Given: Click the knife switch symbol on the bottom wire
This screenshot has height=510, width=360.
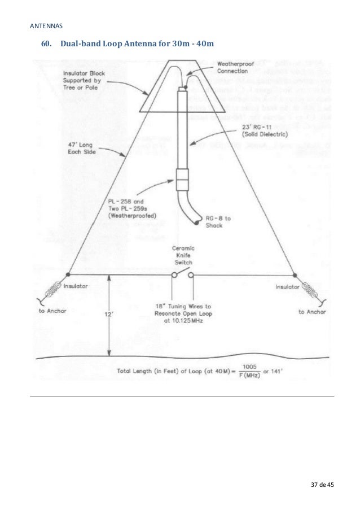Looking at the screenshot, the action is pos(182,275).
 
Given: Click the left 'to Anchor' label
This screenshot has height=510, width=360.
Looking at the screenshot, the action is pos(52,311).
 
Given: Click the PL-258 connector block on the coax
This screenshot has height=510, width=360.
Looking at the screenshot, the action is pos(182,180).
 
